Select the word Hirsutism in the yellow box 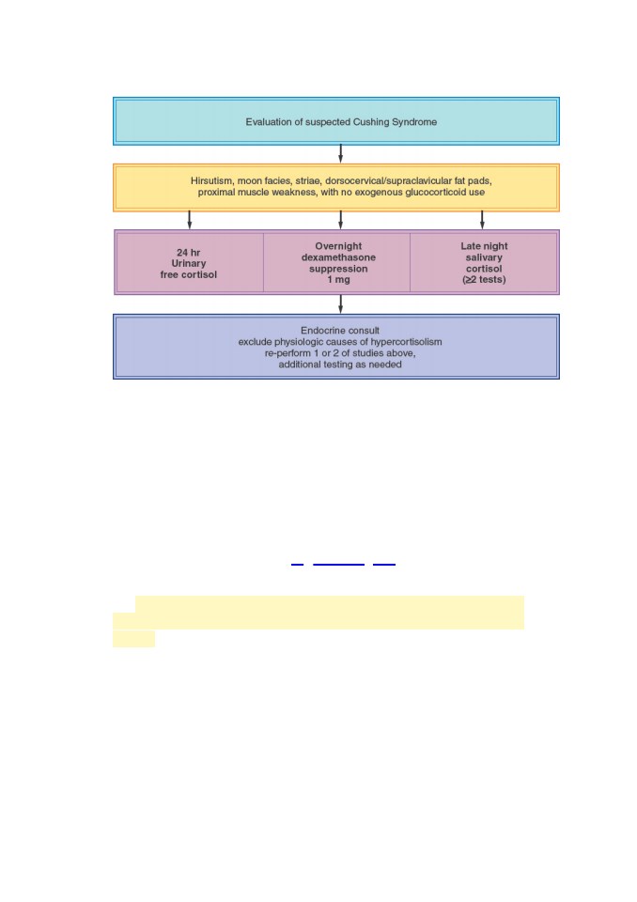(211, 180)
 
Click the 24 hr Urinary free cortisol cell (190, 263)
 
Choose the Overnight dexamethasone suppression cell (337, 263)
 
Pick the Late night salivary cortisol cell (484, 263)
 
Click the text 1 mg (338, 280)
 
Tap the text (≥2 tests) (484, 280)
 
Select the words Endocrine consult (340, 330)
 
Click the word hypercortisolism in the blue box (406, 342)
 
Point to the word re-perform (287, 353)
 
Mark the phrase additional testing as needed (340, 365)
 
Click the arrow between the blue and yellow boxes (341, 153)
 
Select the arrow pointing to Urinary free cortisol (190, 220)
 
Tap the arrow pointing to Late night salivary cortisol (482, 220)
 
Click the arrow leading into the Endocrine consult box (341, 304)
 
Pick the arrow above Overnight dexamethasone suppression (341, 220)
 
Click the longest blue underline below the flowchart (339, 565)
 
